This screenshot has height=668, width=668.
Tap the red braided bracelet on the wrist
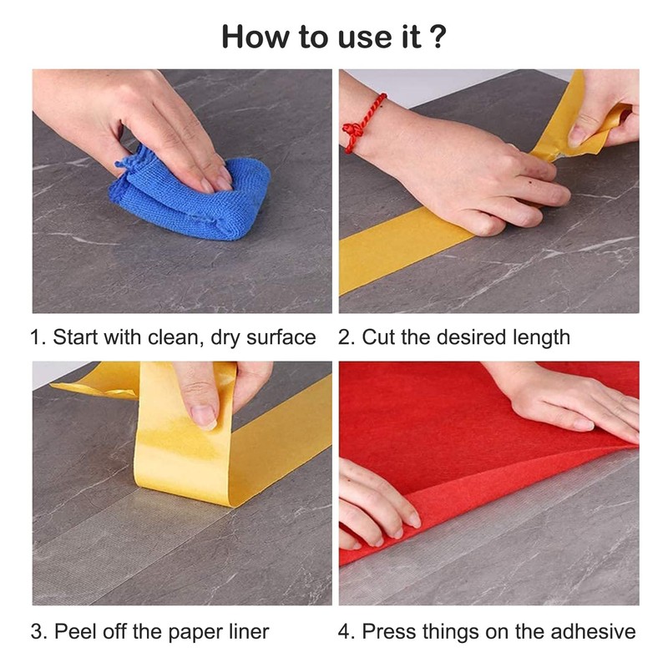tap(362, 124)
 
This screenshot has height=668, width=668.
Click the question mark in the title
tap(438, 37)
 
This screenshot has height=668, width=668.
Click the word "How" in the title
tap(256, 37)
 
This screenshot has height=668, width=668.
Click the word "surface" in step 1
tap(281, 337)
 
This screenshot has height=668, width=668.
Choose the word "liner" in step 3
tap(249, 631)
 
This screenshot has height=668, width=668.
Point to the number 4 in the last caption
tap(344, 631)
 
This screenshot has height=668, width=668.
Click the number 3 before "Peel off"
tap(37, 631)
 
